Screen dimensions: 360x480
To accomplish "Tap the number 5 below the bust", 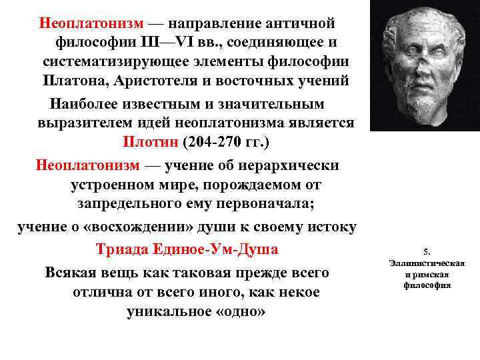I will click(427, 252).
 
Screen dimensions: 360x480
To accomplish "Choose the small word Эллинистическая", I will click(427, 263).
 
